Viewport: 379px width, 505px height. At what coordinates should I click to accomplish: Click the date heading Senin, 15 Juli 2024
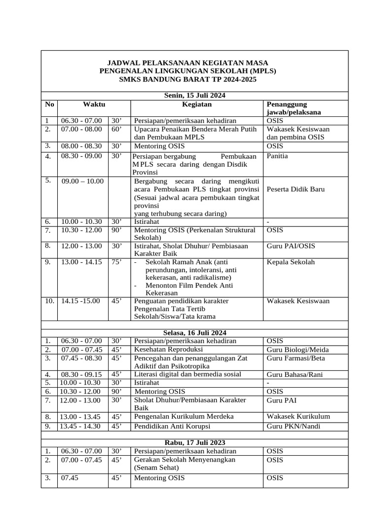coord(194,96)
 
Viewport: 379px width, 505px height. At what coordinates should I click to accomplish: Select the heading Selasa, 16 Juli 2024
coord(194,333)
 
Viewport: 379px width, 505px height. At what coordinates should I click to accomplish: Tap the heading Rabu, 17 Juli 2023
coord(194,443)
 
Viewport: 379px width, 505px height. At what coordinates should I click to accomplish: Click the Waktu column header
coord(94,104)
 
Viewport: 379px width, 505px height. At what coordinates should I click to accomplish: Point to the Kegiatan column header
coord(197,104)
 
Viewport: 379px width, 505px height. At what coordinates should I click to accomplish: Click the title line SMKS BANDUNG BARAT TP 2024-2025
coord(194,79)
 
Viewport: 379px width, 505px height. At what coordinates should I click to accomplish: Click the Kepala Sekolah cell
coord(290,262)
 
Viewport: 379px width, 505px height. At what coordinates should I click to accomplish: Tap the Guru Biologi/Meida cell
coord(298,350)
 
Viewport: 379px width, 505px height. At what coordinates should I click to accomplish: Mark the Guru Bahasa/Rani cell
coord(295,374)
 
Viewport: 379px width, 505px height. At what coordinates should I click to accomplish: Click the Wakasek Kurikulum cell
coord(298,416)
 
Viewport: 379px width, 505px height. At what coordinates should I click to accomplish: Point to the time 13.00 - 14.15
coord(81,262)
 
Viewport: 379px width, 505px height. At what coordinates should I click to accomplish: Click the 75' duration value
coord(116,262)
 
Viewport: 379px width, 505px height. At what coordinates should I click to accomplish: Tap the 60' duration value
coord(116,129)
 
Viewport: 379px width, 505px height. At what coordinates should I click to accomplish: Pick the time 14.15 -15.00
coord(80,301)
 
